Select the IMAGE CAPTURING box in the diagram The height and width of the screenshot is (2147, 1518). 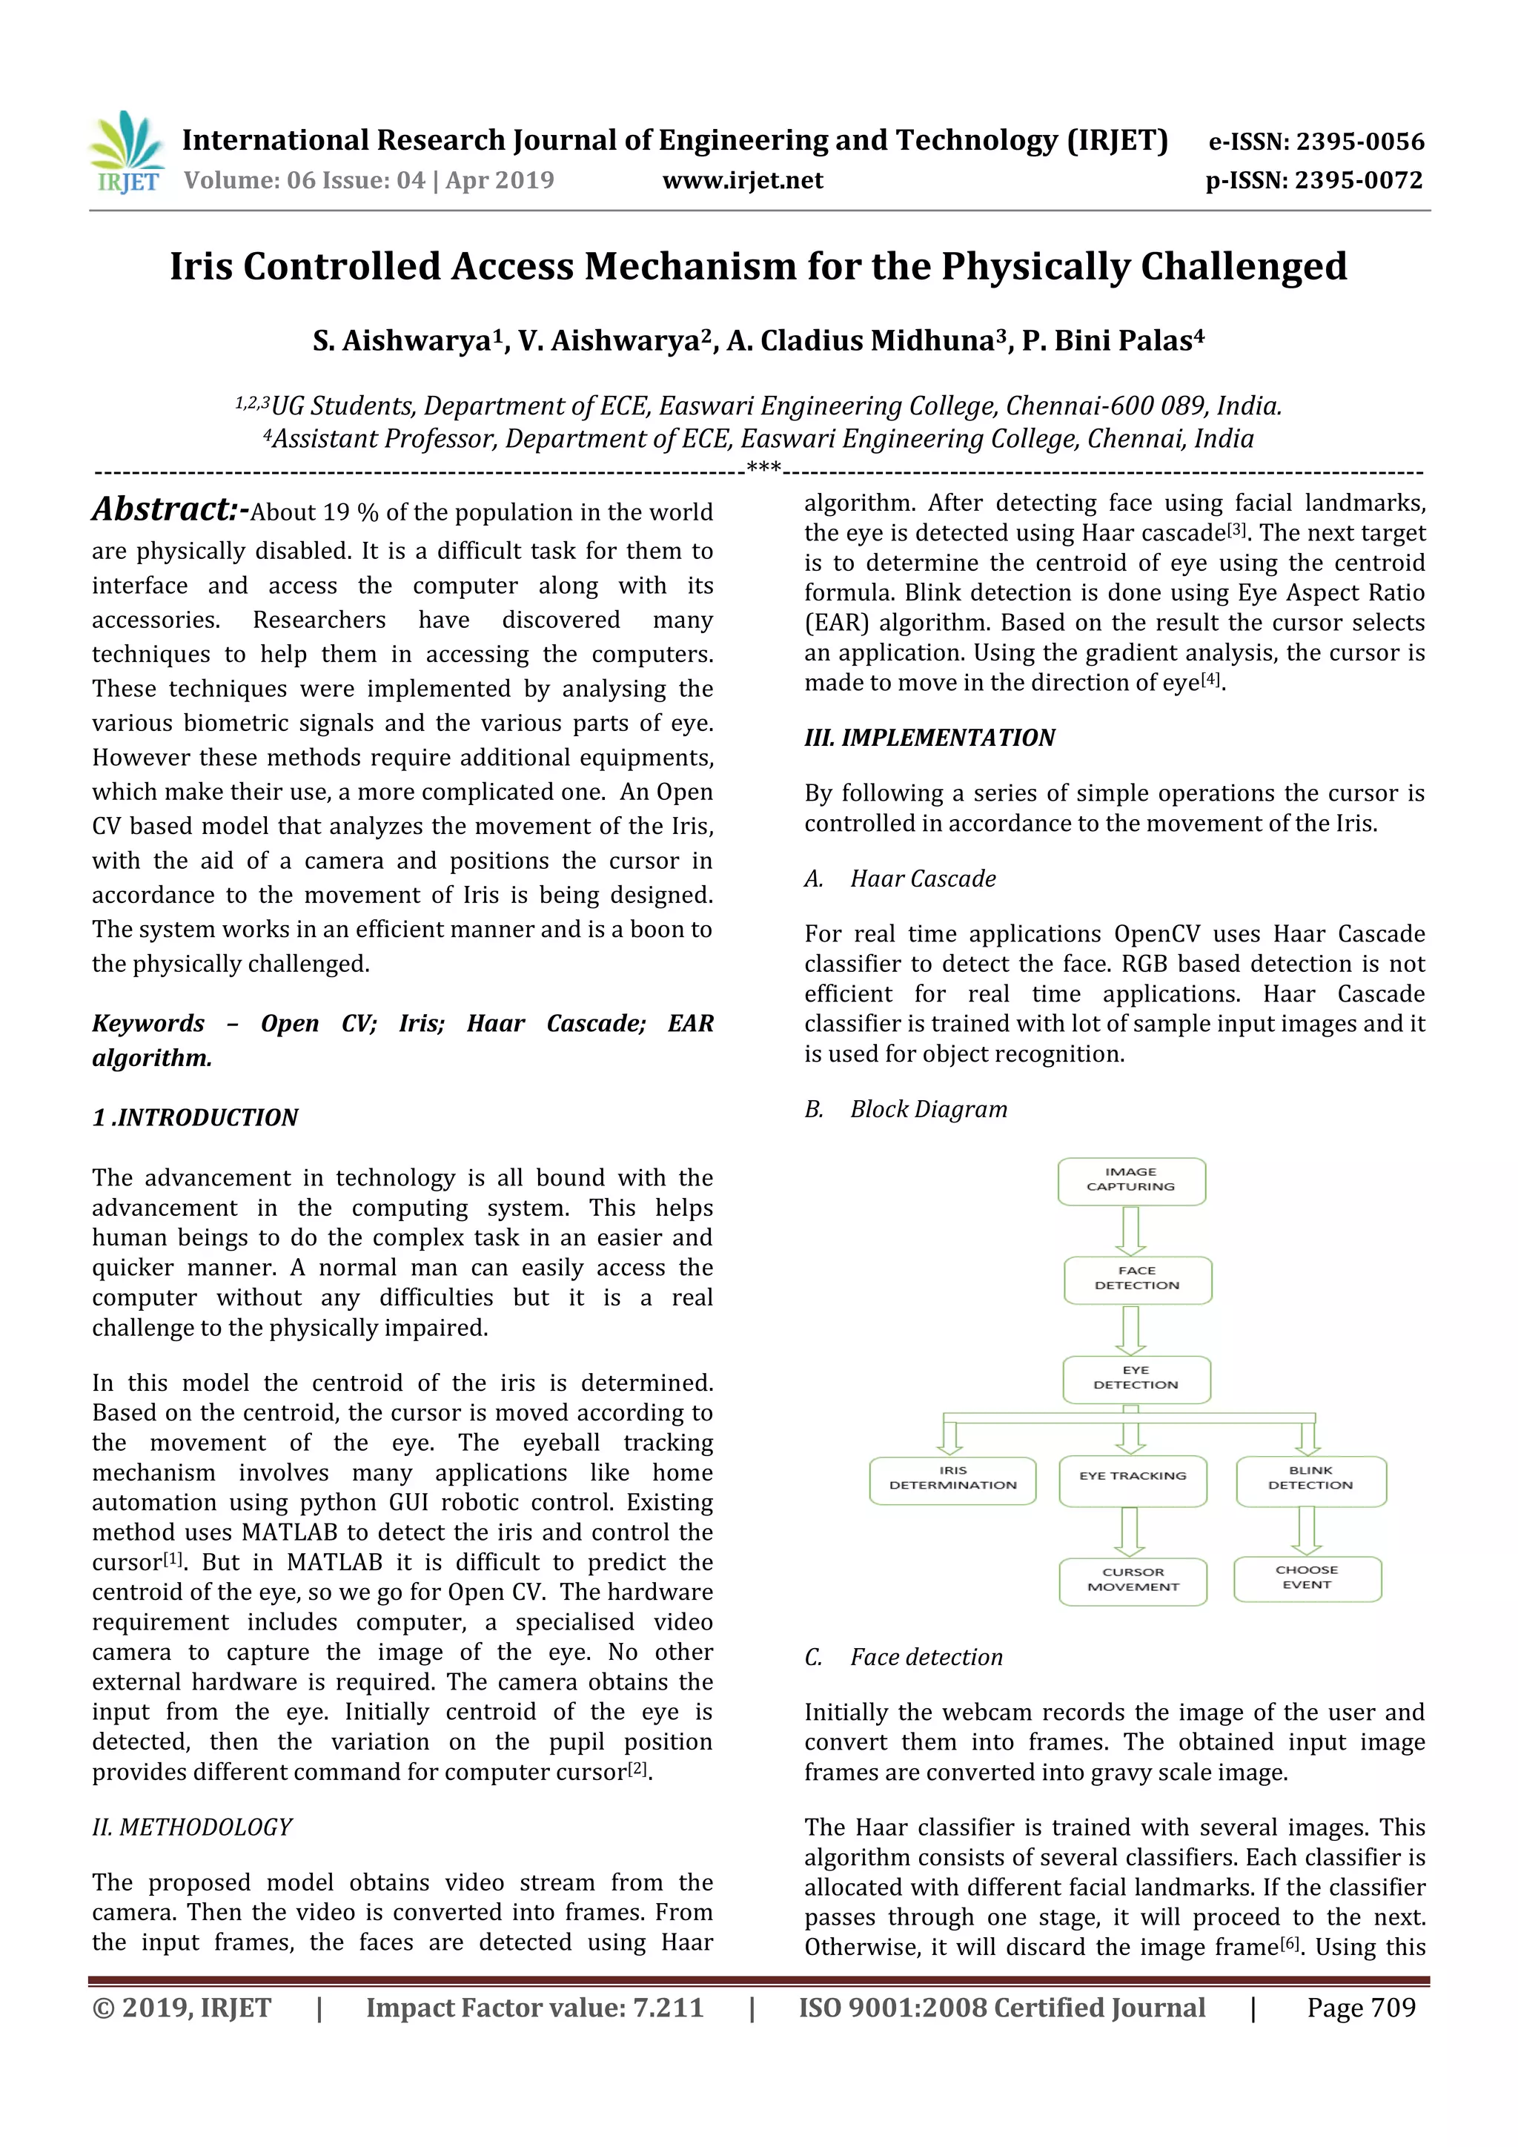point(1131,1180)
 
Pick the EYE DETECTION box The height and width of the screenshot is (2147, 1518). point(1136,1378)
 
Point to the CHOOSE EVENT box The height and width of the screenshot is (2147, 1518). point(1307,1578)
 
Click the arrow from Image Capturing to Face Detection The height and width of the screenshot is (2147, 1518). point(1131,1231)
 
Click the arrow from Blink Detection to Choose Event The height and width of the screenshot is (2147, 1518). point(1307,1530)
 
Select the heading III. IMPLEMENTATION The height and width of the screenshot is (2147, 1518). point(929,738)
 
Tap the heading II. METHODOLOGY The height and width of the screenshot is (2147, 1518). point(193,1827)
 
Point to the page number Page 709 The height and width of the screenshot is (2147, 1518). point(1361,2008)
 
